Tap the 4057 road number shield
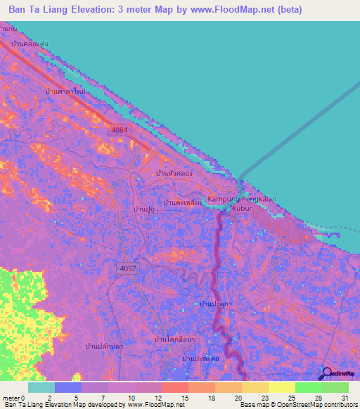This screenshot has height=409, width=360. [128, 268]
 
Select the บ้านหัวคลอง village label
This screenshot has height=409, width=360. [174, 172]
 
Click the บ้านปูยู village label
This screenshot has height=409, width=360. [143, 209]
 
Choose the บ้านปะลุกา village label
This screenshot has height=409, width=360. [216, 303]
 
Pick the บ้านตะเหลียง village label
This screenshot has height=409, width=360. [183, 202]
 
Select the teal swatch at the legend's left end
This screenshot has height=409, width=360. [41, 387]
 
